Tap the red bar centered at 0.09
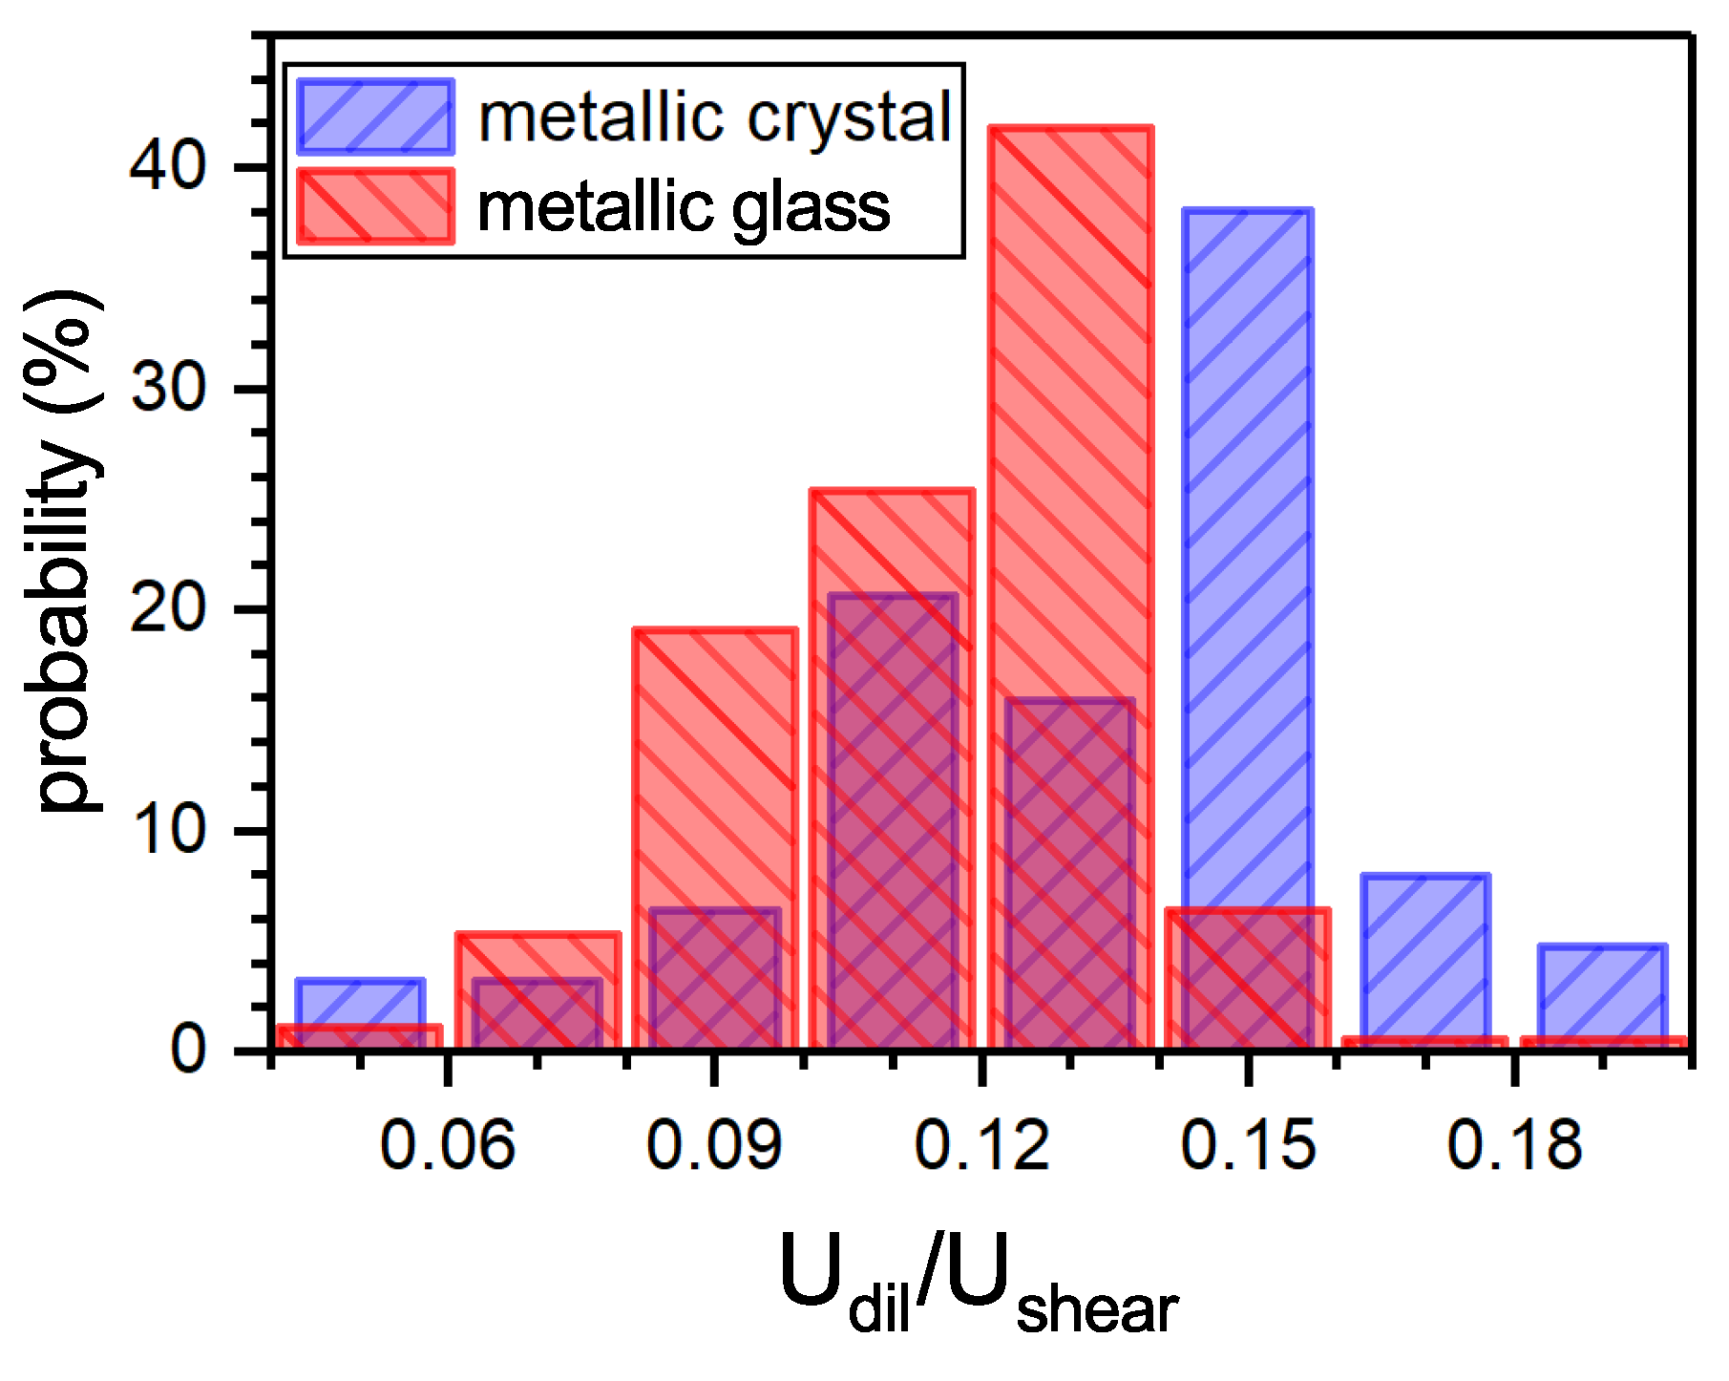[x=714, y=764]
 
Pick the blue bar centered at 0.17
[x=1424, y=955]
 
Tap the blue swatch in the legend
[x=375, y=117]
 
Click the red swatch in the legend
[x=375, y=206]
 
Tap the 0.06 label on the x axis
[x=447, y=1145]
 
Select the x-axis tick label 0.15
[x=1247, y=1145]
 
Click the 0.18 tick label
[x=1513, y=1145]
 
